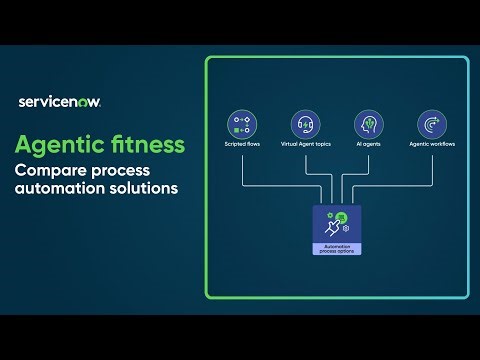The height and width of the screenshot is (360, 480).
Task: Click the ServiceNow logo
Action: (x=60, y=101)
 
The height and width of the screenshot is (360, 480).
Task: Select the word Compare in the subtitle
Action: (x=49, y=170)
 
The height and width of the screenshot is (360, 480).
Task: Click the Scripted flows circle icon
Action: (x=243, y=125)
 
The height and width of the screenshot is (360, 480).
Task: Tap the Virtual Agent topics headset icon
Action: (x=306, y=125)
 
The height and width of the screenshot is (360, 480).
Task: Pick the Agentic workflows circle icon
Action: (x=431, y=125)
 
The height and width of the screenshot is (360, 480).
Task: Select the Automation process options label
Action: (x=337, y=248)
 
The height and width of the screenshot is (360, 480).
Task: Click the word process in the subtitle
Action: (x=129, y=170)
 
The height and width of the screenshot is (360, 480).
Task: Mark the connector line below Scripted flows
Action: (x=243, y=170)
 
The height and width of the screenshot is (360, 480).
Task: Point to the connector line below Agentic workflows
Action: (x=431, y=170)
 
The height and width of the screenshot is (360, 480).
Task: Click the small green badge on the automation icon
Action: (x=343, y=217)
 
